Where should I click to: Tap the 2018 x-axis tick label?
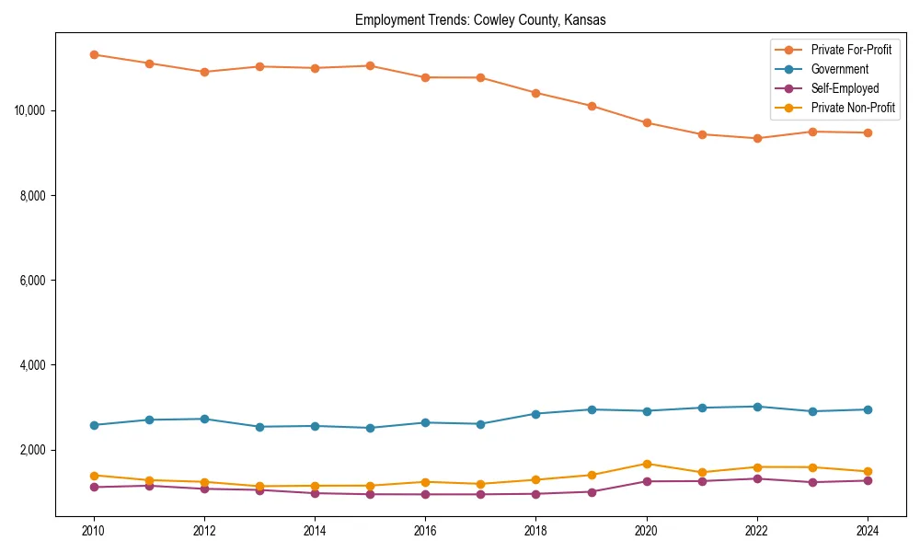pyautogui.click(x=535, y=531)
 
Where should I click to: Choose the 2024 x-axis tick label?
pyautogui.click(x=867, y=531)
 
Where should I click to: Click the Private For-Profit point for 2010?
pyautogui.click(x=94, y=54)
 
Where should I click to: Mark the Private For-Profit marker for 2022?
pyautogui.click(x=756, y=138)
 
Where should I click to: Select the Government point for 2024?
pyautogui.click(x=867, y=409)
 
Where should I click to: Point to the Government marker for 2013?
pyautogui.click(x=259, y=427)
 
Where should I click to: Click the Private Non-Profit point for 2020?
pyautogui.click(x=646, y=464)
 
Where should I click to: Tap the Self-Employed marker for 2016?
pyautogui.click(x=425, y=494)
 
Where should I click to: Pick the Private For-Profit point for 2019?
pyautogui.click(x=591, y=106)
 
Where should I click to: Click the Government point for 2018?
pyautogui.click(x=535, y=414)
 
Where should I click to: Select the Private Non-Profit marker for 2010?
pyautogui.click(x=94, y=476)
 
